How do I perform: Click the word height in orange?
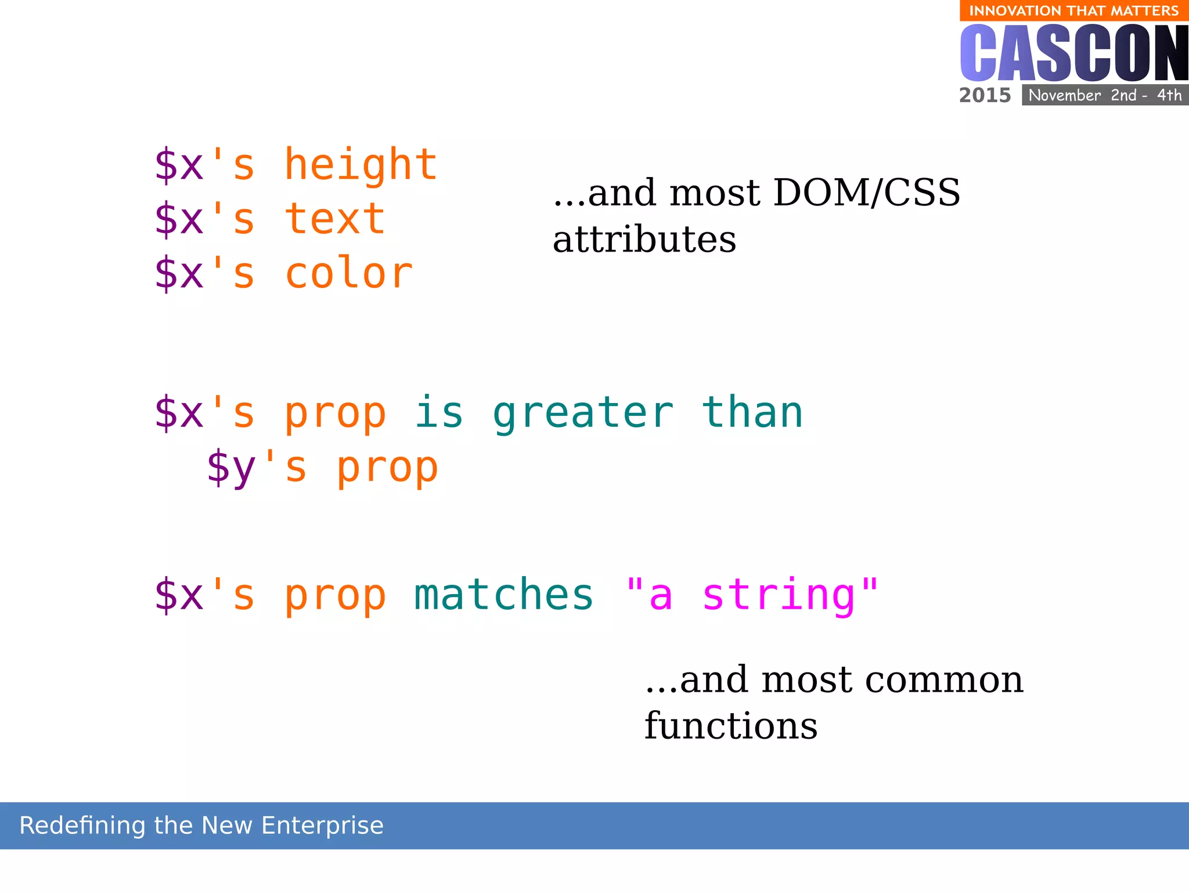(361, 166)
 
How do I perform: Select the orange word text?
(335, 220)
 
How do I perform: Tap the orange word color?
(348, 274)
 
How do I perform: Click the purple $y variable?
(231, 468)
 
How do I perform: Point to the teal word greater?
(583, 413)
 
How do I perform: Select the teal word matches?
(503, 595)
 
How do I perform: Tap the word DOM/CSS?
(866, 193)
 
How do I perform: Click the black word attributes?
(644, 240)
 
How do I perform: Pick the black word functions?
(730, 726)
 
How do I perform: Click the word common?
(944, 679)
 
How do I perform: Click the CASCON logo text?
(1074, 53)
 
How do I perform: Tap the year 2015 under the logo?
(985, 95)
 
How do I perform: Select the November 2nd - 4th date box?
(1105, 95)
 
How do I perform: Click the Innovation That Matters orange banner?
(1073, 10)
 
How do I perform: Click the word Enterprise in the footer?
(322, 826)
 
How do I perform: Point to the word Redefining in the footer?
(82, 826)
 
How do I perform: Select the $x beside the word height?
(179, 166)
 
